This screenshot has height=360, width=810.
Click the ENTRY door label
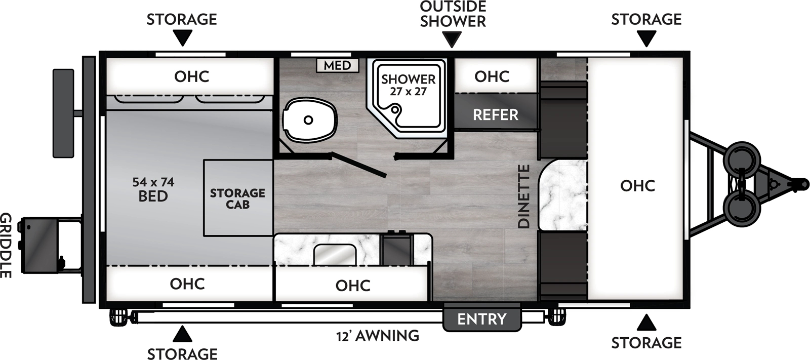481,319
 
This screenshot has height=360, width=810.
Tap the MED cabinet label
337,65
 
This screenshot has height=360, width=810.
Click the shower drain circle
395,108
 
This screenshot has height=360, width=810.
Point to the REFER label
495,115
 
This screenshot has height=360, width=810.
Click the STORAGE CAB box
238,198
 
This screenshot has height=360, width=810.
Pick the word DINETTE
524,196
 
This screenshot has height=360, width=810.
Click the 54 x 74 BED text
153,189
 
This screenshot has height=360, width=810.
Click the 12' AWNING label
378,336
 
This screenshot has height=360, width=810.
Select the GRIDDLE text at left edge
6,245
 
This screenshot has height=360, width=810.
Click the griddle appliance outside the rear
43,245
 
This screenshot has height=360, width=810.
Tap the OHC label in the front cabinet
637,186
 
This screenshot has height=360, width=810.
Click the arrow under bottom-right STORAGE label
646,323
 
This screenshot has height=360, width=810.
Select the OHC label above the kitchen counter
353,286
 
